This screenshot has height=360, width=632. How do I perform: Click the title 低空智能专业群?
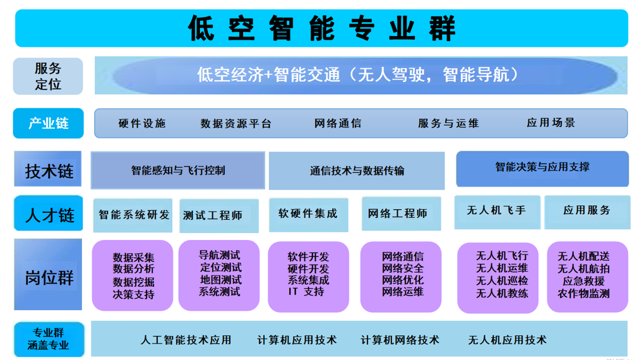(321, 28)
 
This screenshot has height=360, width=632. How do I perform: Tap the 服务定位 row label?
(48, 76)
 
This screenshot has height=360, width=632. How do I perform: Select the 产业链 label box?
(49, 123)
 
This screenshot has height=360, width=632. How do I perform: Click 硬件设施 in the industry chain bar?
(142, 123)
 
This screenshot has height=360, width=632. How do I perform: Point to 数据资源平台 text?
(236, 123)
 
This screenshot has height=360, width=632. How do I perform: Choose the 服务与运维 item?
(448, 123)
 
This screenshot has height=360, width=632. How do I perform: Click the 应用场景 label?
(551, 123)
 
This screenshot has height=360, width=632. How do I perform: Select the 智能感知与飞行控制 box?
(178, 170)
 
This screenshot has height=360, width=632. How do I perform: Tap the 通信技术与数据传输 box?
(357, 171)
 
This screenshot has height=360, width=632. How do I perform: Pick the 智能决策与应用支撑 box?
(542, 169)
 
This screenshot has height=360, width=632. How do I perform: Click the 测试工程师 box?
(219, 215)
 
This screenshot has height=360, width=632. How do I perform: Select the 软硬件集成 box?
(308, 215)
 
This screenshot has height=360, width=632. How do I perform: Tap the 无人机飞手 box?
(497, 212)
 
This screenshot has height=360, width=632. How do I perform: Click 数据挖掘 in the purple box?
(133, 282)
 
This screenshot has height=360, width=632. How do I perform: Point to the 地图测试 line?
(220, 279)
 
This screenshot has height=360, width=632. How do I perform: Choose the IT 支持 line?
(306, 291)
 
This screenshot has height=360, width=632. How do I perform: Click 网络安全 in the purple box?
(403, 268)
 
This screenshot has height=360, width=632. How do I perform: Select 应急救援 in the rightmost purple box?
(583, 281)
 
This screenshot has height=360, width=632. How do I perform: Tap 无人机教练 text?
(502, 293)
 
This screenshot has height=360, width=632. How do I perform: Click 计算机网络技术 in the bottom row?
(400, 340)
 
